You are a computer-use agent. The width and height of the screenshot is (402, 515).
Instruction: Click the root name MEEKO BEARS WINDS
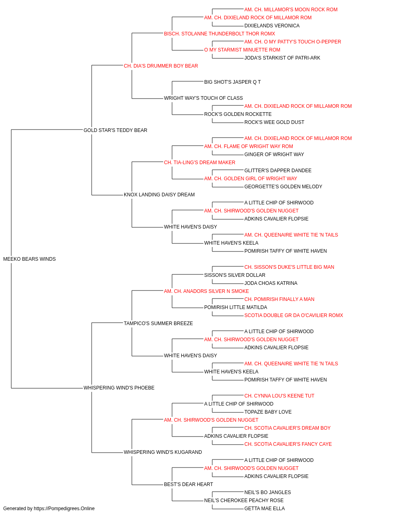(x=29, y=259)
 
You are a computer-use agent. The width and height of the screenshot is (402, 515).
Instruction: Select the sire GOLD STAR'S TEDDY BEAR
(x=115, y=130)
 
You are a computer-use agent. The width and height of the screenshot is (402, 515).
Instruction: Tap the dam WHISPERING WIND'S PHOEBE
(x=119, y=387)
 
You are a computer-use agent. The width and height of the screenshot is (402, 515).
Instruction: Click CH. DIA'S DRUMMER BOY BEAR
(x=161, y=66)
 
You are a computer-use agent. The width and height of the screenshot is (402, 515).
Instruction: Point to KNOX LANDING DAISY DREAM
(x=159, y=195)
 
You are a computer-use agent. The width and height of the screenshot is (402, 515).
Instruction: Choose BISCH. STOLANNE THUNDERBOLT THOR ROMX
(x=219, y=34)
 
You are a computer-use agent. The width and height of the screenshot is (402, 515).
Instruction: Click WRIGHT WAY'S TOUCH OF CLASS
(x=203, y=98)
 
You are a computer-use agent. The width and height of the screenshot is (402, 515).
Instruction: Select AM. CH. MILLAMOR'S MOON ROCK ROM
(x=291, y=10)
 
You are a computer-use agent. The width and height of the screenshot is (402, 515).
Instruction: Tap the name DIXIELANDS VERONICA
(x=272, y=26)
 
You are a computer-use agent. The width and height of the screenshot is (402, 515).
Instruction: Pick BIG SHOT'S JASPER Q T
(x=232, y=82)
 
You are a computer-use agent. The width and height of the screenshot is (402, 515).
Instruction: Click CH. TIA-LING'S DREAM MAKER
(x=199, y=162)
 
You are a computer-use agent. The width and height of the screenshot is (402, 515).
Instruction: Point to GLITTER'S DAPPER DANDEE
(x=278, y=171)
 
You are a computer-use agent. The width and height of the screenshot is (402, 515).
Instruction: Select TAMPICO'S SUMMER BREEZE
(x=158, y=323)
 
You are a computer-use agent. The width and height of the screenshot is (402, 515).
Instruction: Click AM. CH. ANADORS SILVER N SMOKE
(x=207, y=291)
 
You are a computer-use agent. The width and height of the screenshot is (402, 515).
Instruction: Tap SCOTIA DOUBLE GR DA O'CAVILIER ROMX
(x=293, y=315)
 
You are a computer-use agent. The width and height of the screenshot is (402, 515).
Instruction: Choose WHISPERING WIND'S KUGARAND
(x=163, y=452)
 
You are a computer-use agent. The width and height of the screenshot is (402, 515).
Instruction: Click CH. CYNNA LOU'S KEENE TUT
(x=279, y=396)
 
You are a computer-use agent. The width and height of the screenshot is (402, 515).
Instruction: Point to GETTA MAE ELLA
(x=265, y=509)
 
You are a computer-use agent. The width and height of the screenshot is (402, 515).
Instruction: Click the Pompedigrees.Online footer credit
(x=49, y=509)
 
